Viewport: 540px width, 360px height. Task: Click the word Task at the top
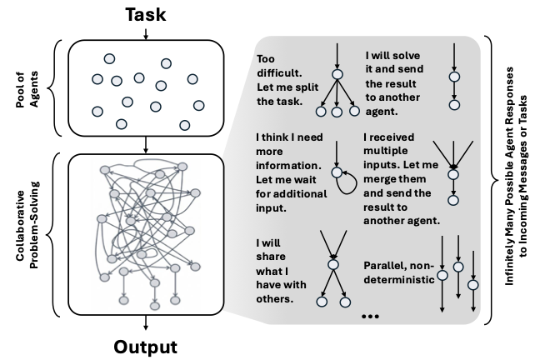[x=146, y=14]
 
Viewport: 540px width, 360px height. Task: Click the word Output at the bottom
[x=146, y=345]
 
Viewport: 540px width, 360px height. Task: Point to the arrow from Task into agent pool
[x=146, y=33]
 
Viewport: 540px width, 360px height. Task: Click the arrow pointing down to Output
[x=146, y=324]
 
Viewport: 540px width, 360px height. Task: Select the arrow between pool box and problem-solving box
[x=146, y=143]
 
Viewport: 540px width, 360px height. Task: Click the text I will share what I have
[x=281, y=271]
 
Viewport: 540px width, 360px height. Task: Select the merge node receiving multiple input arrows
[x=452, y=173]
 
